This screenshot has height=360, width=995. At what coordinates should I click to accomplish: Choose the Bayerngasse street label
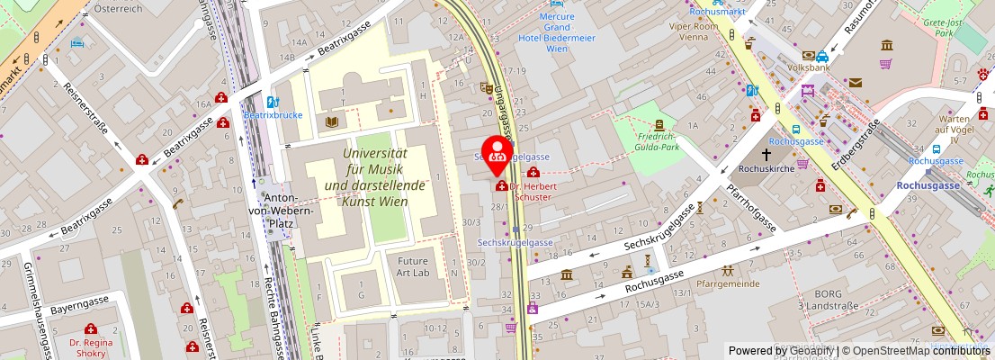[79, 308]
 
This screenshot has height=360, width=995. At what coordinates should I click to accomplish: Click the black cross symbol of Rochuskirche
[767, 154]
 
